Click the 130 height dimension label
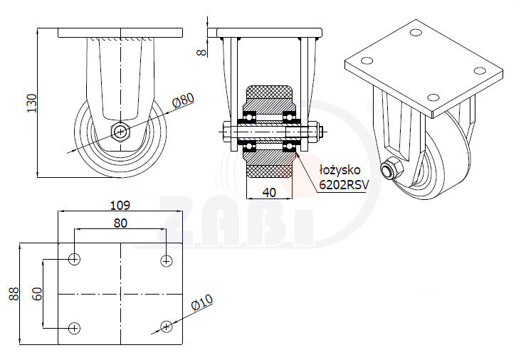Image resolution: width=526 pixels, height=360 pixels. pos(31,103)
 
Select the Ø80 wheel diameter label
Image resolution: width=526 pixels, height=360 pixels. pos(184,100)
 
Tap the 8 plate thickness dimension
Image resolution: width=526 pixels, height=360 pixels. pos(201,52)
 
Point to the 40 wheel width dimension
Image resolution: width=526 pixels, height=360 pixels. pos(269,192)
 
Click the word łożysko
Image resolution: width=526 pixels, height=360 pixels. pos(340,170)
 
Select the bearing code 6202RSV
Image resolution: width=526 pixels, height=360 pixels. pos(344,185)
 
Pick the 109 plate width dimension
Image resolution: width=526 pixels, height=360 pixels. pos(120,205)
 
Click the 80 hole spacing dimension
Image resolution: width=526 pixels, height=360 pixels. pos(120,223)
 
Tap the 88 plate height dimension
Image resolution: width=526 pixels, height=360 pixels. pos(14,294)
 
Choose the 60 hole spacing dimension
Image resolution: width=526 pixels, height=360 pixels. pos(38,294)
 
